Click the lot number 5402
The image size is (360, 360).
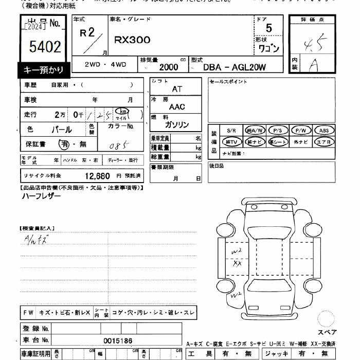[x=46, y=48]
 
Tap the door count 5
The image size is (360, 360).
[x=269, y=28]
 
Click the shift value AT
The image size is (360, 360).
[x=177, y=89]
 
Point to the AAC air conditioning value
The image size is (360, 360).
[x=177, y=107]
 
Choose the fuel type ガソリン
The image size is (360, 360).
[x=177, y=125]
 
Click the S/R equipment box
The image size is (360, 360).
[x=230, y=130]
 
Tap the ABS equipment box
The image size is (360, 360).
[x=324, y=130]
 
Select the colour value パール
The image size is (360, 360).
[x=62, y=130]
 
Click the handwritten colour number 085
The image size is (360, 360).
[x=118, y=146]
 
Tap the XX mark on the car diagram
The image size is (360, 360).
[x=238, y=263]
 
